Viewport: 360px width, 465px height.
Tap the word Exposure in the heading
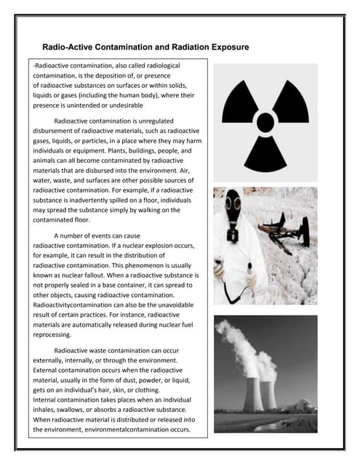(225, 47)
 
